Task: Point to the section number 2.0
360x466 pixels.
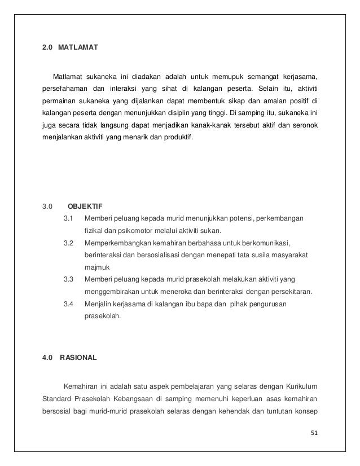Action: point(48,49)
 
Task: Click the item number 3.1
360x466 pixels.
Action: point(69,218)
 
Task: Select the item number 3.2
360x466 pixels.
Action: point(69,243)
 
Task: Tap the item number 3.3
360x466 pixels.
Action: point(69,279)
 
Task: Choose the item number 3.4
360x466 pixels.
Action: point(69,304)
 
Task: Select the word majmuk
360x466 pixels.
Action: point(96,267)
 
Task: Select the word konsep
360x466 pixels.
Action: point(306,411)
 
